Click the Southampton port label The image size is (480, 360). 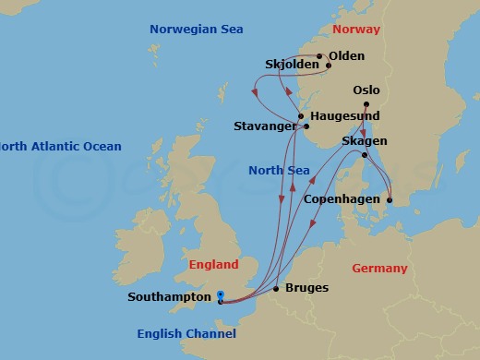171,298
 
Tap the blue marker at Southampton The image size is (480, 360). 220,297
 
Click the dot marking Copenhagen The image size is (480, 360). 390,199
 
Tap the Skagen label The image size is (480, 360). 364,141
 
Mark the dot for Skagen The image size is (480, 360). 365,155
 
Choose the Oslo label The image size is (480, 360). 366,90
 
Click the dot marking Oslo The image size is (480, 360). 366,104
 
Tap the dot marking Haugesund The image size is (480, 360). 301,117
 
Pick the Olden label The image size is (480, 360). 346,55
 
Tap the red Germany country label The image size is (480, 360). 379,269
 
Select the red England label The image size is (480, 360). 213,265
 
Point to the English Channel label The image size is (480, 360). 186,333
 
